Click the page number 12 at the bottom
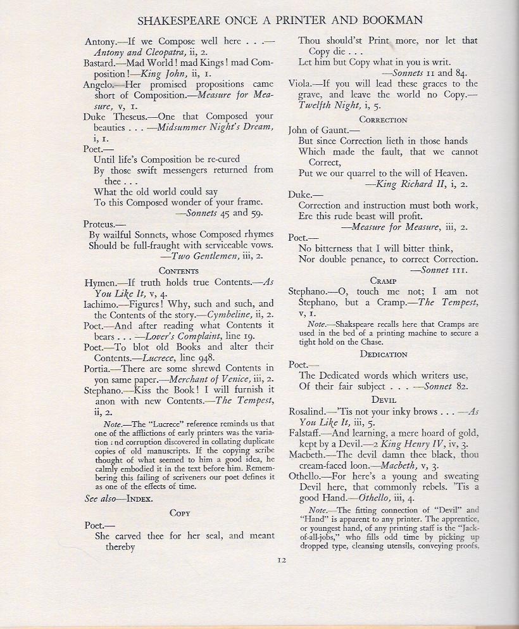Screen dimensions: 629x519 [282, 559]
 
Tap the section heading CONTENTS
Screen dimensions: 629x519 [179, 270]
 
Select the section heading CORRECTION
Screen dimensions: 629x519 [383, 119]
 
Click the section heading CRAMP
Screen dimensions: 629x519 [384, 280]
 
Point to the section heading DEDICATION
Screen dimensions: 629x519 [383, 353]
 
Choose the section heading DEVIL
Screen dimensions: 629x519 [384, 400]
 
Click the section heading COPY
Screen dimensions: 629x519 [180, 512]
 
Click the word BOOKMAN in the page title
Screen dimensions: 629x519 [388, 20]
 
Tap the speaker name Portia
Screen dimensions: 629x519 [97, 368]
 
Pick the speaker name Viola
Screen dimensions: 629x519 [299, 83]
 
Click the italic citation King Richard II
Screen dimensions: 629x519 [408, 184]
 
